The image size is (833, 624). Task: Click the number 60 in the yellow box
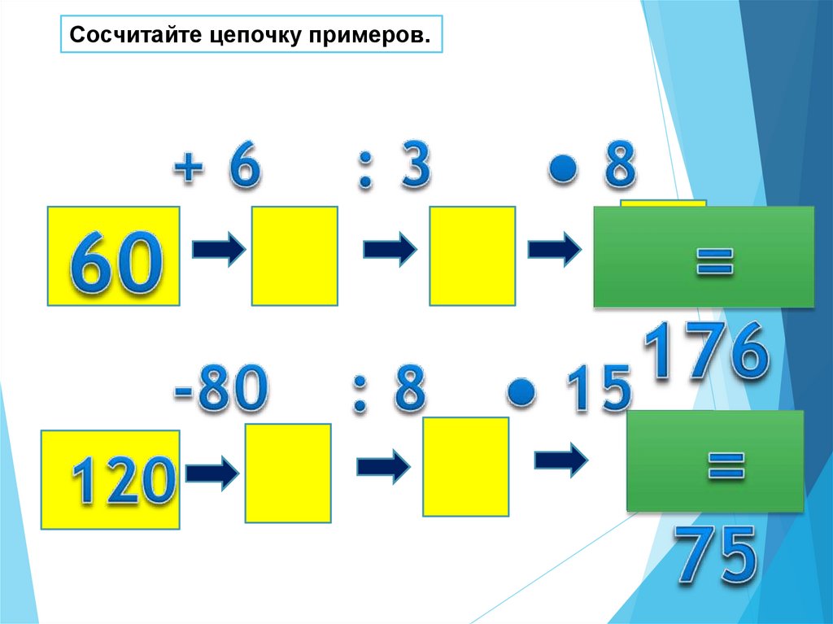pyautogui.click(x=113, y=259)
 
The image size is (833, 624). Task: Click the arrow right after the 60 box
pyautogui.click(x=218, y=251)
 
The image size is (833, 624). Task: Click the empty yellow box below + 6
pyautogui.click(x=294, y=256)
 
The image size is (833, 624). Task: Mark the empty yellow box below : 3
pyautogui.click(x=472, y=256)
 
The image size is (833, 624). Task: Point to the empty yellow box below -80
pyautogui.click(x=288, y=473)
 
